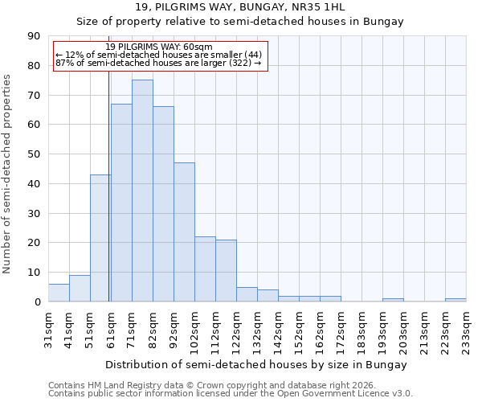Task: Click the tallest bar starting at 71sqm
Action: tap(142, 191)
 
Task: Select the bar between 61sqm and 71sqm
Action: tap(121, 203)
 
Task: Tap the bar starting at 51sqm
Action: tap(100, 238)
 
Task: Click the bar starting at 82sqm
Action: tap(163, 204)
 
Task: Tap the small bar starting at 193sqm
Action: tap(393, 300)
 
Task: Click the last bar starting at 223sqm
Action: tap(455, 300)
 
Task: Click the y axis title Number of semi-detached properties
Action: tap(8, 174)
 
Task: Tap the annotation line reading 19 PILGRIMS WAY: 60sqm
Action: tap(159, 47)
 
